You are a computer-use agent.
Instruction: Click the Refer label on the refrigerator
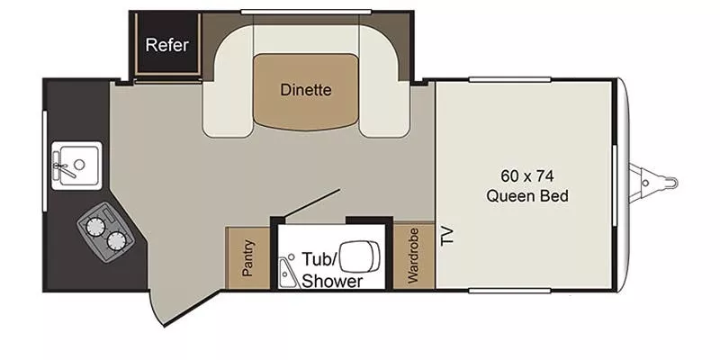click(x=167, y=45)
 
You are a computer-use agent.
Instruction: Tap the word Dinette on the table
click(x=305, y=89)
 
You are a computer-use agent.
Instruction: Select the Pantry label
click(x=248, y=257)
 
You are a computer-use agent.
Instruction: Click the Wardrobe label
click(x=413, y=256)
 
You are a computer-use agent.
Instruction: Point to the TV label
click(x=447, y=236)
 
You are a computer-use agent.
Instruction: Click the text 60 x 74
click(x=527, y=175)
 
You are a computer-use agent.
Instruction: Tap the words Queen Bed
click(x=527, y=196)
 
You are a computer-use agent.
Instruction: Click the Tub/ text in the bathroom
click(x=319, y=259)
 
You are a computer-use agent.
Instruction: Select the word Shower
click(x=332, y=281)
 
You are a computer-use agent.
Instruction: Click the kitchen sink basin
click(x=76, y=166)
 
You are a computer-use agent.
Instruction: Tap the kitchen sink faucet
click(x=63, y=167)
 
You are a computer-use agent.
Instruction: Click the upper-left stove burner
click(x=95, y=227)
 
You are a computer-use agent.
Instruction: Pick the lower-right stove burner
click(x=116, y=241)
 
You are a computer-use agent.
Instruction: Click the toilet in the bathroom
click(x=359, y=256)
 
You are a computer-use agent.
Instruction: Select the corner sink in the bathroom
click(x=288, y=272)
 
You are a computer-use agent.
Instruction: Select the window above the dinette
click(x=306, y=12)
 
